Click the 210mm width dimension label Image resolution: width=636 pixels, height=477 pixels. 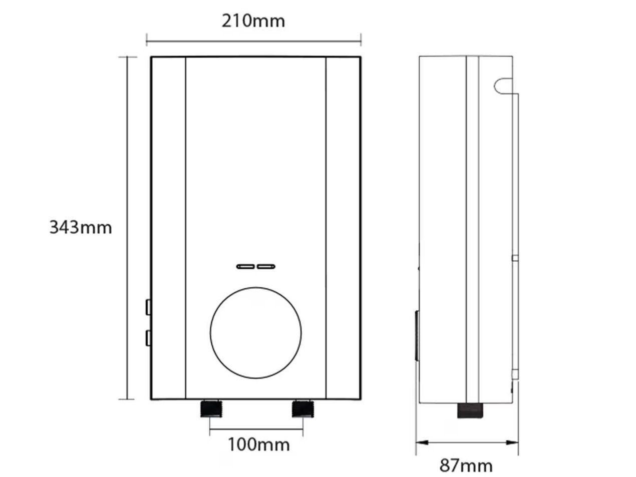click(x=253, y=21)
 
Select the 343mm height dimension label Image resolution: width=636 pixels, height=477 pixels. click(x=81, y=227)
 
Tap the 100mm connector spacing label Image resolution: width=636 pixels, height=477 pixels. click(x=258, y=443)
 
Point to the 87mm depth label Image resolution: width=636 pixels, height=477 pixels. click(x=466, y=465)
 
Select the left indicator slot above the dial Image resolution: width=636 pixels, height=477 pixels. click(x=245, y=266)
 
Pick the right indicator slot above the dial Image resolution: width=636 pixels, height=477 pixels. click(x=266, y=266)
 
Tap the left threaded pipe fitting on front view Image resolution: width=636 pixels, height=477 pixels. click(x=211, y=409)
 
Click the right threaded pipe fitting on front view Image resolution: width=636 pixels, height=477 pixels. click(x=302, y=409)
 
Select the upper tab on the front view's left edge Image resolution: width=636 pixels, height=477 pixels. click(x=148, y=306)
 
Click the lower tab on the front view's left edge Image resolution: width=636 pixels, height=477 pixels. click(x=148, y=338)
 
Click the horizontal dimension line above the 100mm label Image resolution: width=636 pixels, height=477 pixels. click(x=256, y=429)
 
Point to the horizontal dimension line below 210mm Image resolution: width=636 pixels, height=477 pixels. click(x=253, y=39)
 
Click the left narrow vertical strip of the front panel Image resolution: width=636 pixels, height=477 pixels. click(x=169, y=227)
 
